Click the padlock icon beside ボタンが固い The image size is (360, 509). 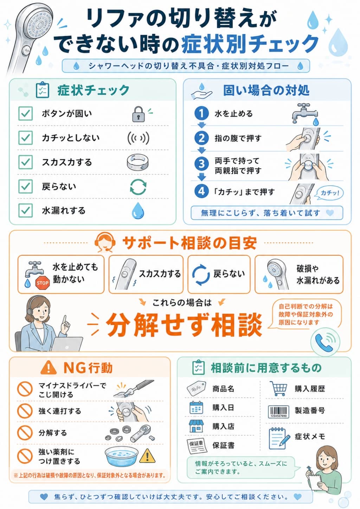coord(139,114)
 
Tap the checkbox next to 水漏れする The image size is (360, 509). coord(25,210)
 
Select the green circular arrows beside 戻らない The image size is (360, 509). coord(138,187)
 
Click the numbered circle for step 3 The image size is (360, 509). coord(201,164)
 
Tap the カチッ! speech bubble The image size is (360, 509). coord(329,193)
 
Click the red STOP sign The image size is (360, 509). coord(43,283)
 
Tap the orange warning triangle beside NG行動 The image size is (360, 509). coord(48,368)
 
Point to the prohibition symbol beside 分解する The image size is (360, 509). coord(25,433)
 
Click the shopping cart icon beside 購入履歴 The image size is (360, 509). coord(278,389)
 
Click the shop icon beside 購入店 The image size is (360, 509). coord(197,426)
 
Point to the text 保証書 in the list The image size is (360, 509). coord(223,445)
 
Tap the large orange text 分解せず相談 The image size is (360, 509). coord(184,325)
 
